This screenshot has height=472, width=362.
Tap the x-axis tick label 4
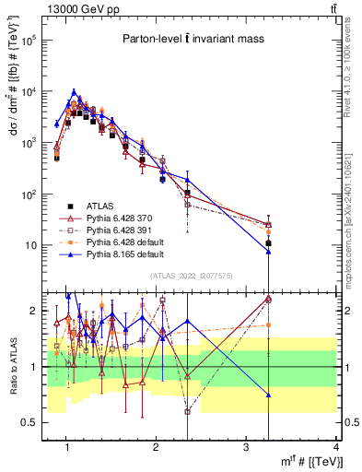[337, 447]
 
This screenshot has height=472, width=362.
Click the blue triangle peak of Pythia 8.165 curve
[75, 91]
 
